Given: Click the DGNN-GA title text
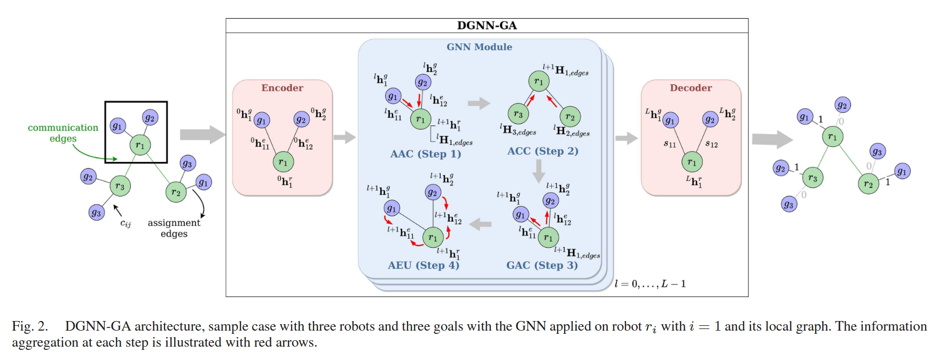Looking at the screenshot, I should click(487, 26).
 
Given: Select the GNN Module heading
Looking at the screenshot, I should click(479, 47).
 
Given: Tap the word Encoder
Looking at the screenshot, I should click(282, 88).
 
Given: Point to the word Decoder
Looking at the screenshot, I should click(691, 88).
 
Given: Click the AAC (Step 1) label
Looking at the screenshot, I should click(425, 154).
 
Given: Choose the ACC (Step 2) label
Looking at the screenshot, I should click(543, 151).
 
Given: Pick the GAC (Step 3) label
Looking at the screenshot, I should click(542, 265).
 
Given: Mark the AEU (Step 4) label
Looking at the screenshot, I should click(423, 265).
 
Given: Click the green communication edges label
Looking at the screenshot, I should click(63, 133).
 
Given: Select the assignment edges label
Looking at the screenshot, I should click(174, 228).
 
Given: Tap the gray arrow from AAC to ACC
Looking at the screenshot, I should click(479, 103).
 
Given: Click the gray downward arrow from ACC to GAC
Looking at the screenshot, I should click(539, 170).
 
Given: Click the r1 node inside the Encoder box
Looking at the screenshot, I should click(283, 162).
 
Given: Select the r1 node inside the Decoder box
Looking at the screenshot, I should click(692, 162).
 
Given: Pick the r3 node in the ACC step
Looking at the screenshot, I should click(518, 114).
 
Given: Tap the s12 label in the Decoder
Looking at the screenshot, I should click(711, 144).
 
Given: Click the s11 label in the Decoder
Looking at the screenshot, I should click(670, 144).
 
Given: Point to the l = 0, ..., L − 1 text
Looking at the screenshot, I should click(650, 284).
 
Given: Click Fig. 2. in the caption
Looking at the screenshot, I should click(30, 326).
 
